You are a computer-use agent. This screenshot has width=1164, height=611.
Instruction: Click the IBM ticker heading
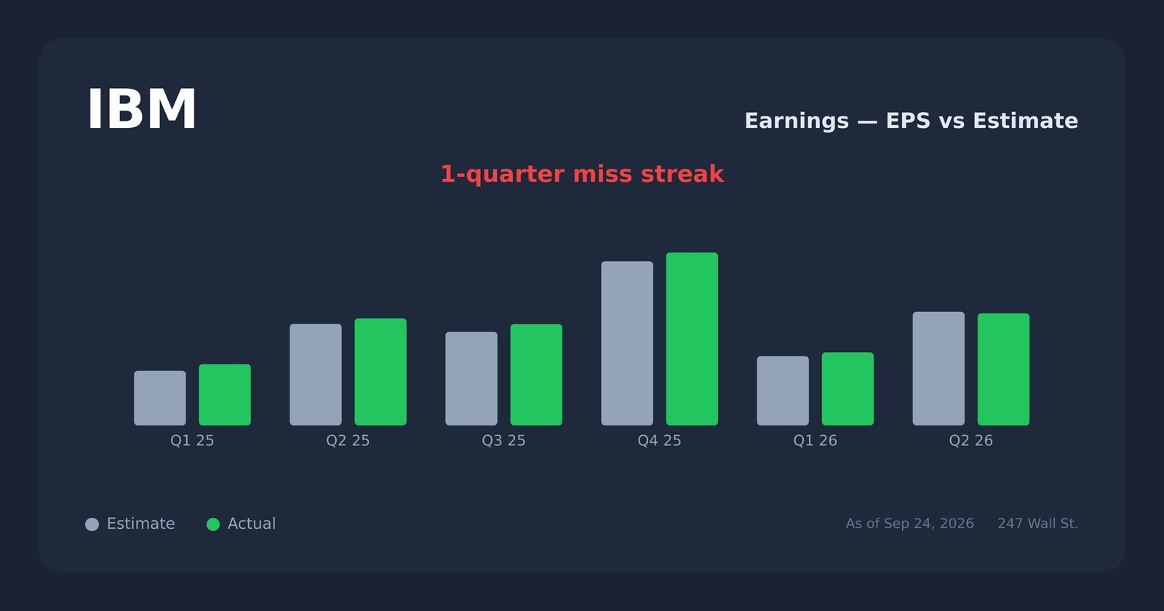click(141, 109)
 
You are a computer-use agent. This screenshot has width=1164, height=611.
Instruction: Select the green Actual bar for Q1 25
click(225, 395)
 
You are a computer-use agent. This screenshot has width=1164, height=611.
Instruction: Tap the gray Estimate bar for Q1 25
click(160, 398)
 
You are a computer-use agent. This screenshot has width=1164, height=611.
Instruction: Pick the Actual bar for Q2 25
click(380, 372)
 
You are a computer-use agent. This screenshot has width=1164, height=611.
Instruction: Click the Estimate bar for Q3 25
click(471, 379)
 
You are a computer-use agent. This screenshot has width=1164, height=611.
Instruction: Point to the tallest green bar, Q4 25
click(692, 339)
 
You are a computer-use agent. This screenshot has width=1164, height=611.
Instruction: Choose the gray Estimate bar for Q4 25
click(627, 343)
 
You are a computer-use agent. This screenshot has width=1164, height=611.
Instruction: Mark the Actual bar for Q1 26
click(848, 389)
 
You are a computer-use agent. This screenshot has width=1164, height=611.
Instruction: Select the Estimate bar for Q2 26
click(938, 369)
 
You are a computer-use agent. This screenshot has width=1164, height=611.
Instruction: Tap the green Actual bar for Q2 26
click(1003, 370)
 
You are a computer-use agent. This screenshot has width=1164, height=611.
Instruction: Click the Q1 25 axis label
click(192, 441)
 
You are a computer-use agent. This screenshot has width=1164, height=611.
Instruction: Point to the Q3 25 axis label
click(503, 441)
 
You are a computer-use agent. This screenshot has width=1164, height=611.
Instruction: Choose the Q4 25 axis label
click(659, 441)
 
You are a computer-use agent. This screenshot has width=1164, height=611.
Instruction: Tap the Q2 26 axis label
click(970, 441)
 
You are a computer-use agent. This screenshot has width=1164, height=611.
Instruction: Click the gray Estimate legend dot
click(92, 524)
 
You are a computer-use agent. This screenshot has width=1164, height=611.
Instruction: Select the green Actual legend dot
click(213, 524)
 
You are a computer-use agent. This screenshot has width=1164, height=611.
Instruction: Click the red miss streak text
click(582, 174)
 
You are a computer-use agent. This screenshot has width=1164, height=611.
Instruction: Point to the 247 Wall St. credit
click(1037, 524)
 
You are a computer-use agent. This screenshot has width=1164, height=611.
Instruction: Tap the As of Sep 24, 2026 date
click(909, 524)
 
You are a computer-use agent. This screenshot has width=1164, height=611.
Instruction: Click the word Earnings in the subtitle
click(797, 121)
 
